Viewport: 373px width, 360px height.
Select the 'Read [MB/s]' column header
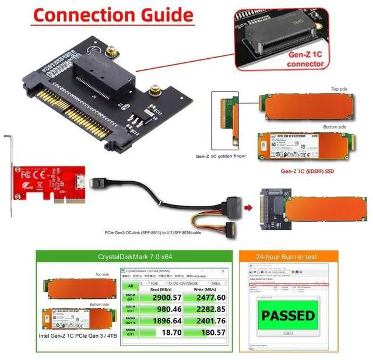point(161,288)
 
